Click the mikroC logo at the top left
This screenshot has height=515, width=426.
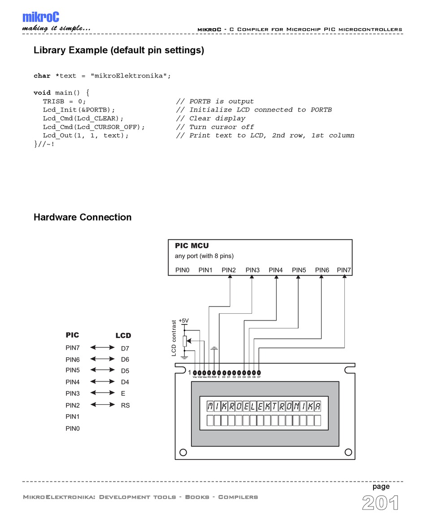coord(40,17)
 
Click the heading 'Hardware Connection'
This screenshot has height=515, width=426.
coord(83,217)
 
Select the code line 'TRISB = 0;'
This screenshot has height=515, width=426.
coord(64,101)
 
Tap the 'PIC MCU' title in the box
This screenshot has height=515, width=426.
coord(191,246)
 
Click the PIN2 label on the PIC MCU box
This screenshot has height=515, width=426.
coord(229,270)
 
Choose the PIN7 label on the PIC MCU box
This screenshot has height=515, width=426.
coord(344,270)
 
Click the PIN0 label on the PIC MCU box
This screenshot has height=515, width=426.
coord(182,270)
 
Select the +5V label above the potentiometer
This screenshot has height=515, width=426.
coord(183,320)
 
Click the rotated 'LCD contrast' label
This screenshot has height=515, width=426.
coord(174,338)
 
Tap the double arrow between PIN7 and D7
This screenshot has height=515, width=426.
coord(102,347)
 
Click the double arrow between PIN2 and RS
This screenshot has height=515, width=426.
coord(102,405)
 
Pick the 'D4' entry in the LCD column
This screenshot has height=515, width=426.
coord(125,382)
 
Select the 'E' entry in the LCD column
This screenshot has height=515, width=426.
coord(123,394)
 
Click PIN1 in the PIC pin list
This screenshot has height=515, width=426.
coord(73,417)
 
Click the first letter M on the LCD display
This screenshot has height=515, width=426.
coord(210,407)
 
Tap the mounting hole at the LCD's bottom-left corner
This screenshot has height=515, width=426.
coord(183,452)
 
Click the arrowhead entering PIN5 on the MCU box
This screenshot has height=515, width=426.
coord(298,277)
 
